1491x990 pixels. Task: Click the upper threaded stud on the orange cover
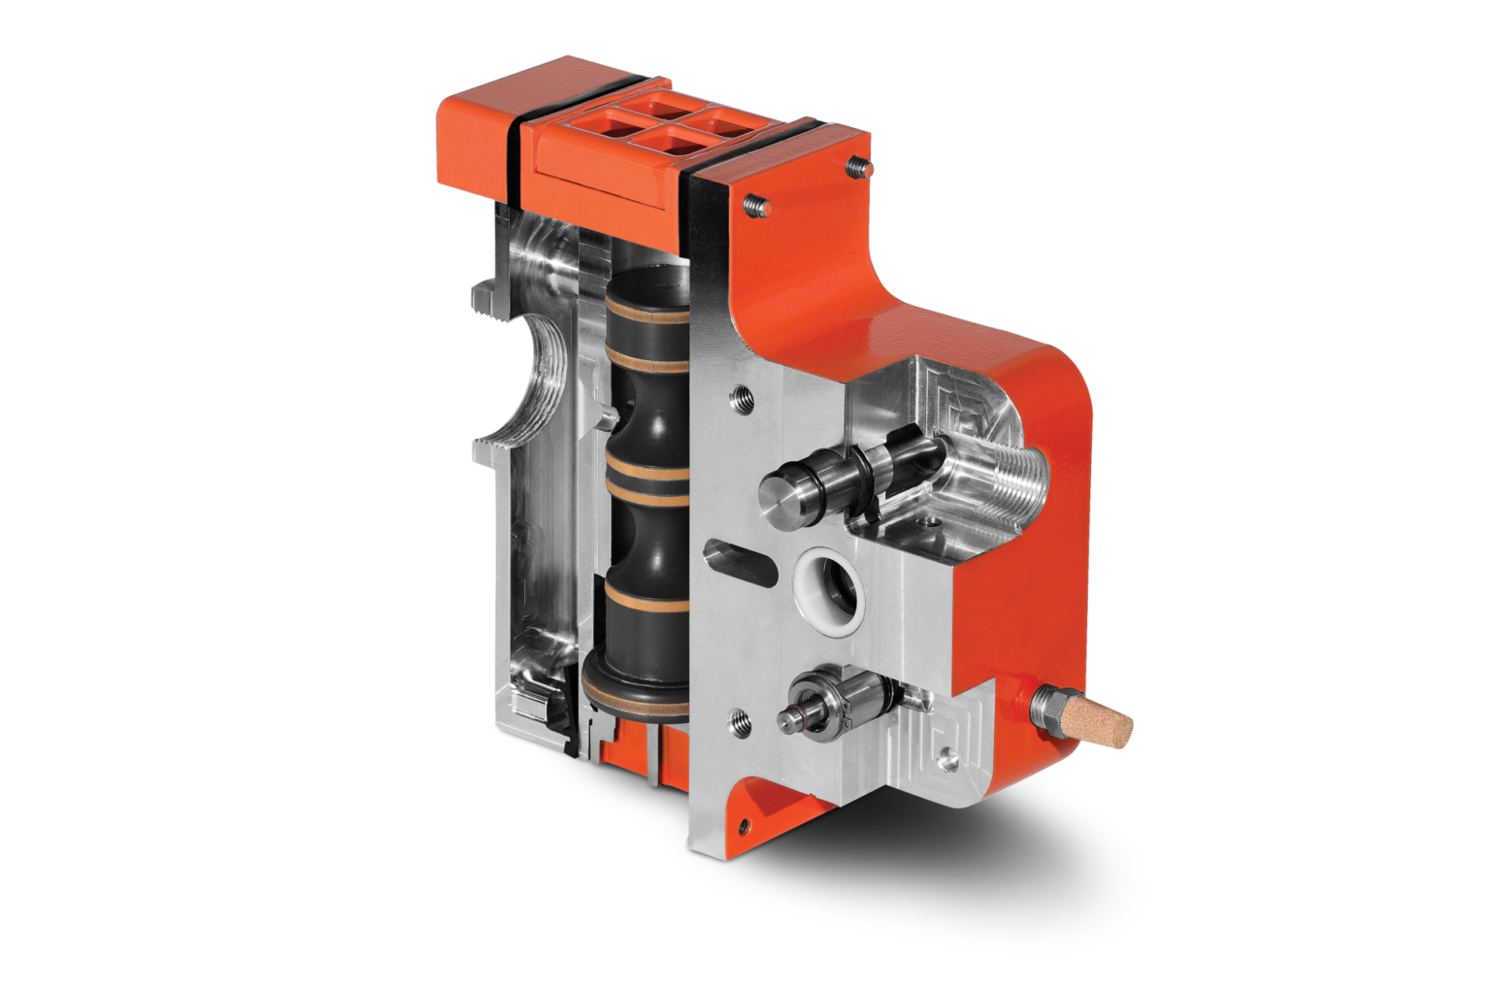coord(856,166)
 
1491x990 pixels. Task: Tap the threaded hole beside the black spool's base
coord(737,719)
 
